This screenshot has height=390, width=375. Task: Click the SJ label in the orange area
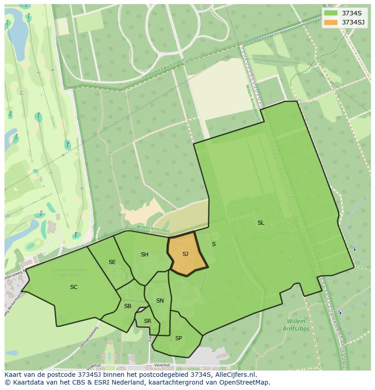point(185,254)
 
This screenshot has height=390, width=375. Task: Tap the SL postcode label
point(261,222)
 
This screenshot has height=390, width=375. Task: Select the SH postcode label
point(144,255)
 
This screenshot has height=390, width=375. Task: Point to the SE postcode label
point(112,262)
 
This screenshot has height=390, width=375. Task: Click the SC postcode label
point(74,287)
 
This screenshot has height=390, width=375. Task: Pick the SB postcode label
point(128,306)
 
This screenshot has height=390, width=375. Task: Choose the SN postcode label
point(160,301)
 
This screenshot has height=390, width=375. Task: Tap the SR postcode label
point(148,321)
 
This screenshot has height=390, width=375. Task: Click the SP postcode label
point(178,338)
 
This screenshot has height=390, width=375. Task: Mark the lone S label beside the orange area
point(214,244)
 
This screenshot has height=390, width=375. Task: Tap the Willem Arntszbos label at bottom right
point(297,325)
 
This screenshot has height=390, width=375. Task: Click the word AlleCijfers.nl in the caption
point(235,375)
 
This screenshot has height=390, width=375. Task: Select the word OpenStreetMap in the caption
point(245,382)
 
